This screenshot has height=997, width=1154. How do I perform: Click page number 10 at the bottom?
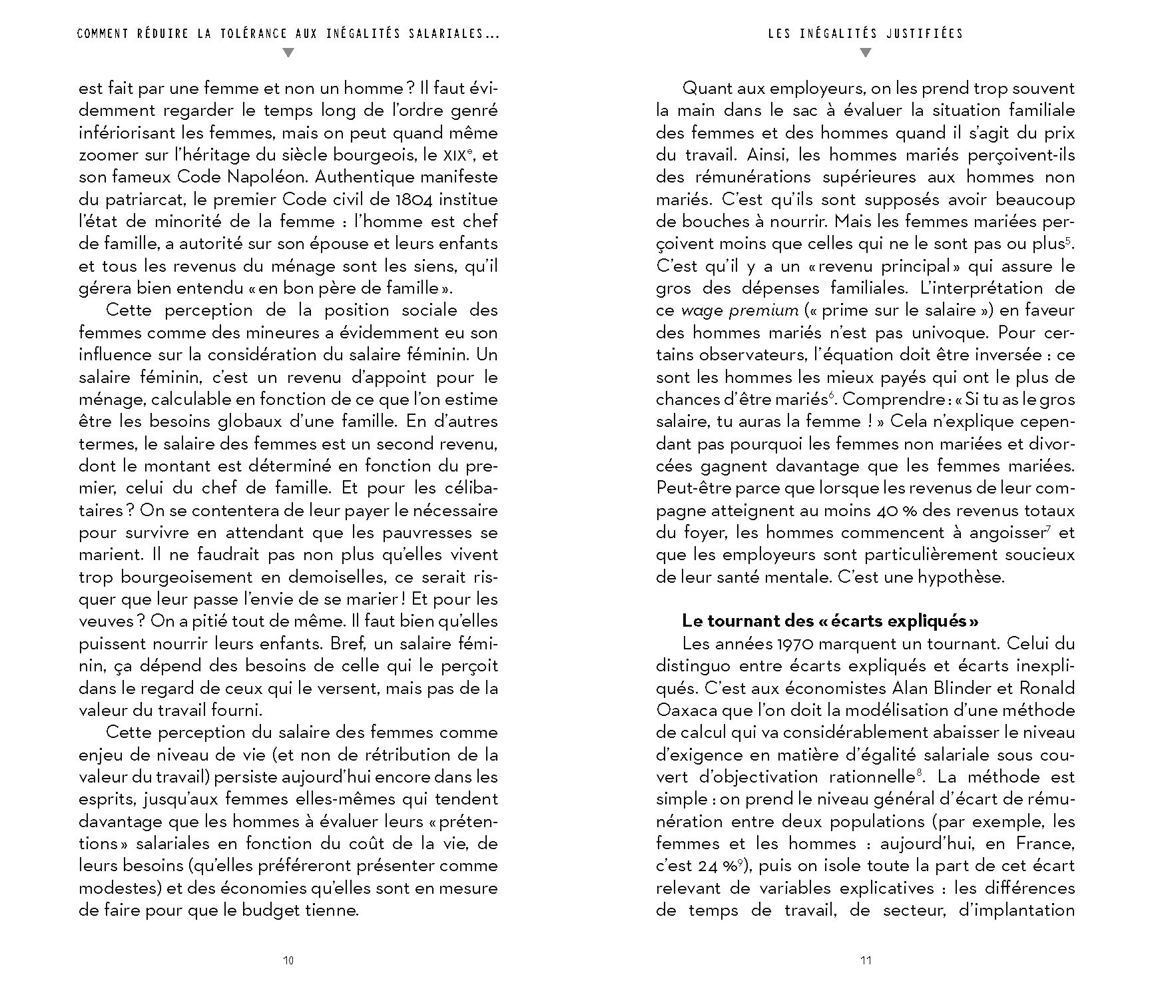click(x=288, y=960)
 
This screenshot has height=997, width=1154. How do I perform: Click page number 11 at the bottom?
click(x=866, y=960)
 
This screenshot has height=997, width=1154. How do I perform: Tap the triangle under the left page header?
click(x=288, y=53)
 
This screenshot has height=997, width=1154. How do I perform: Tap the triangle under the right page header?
click(x=865, y=53)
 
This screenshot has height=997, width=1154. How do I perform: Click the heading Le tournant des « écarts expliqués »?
click(x=830, y=621)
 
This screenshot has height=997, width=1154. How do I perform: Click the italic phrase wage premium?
click(x=739, y=310)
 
